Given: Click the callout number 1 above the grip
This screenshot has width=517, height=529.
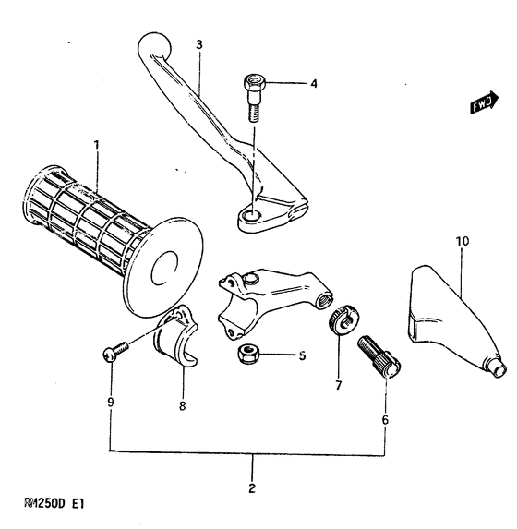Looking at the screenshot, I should (x=95, y=145).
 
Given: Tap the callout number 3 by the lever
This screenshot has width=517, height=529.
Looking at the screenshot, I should (x=198, y=43).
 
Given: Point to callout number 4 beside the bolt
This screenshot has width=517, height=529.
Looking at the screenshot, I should (x=313, y=84).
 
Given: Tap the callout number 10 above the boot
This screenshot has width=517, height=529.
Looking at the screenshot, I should (x=462, y=241).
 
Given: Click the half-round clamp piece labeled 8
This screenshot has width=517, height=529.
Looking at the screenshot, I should (x=175, y=343).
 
